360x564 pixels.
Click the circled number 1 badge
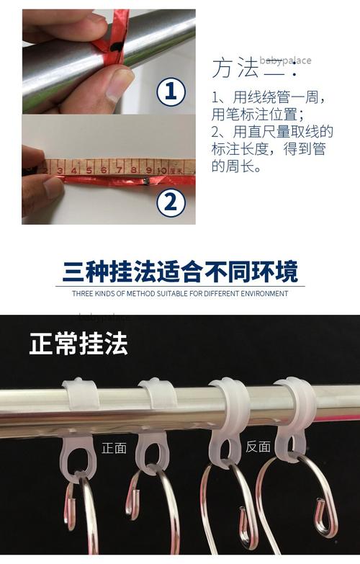(x=171, y=92)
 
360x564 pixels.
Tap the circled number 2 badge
(x=171, y=202)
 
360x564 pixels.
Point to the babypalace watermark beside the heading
(x=285, y=61)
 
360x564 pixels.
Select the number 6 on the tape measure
(x=104, y=170)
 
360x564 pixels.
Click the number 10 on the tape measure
(x=162, y=170)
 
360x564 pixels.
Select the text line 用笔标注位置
(x=248, y=114)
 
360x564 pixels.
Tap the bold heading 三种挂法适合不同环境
(x=180, y=272)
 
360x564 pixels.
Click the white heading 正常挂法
(x=78, y=344)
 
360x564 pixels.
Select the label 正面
(x=114, y=447)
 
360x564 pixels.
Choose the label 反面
(x=258, y=447)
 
